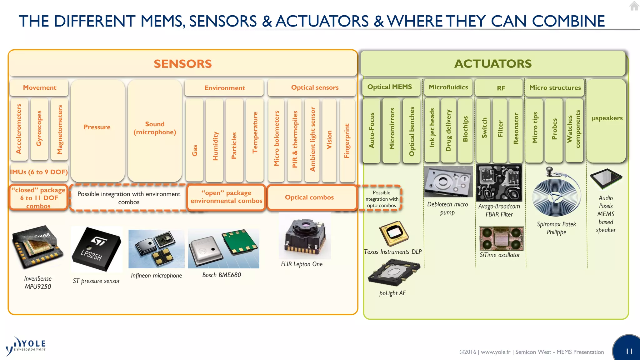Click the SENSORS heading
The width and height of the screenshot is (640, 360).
pos(183,64)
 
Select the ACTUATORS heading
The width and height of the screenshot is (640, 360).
pos(493,64)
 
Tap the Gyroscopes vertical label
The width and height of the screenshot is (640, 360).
pos(39,128)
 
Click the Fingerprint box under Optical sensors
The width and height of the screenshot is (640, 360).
pos(347,141)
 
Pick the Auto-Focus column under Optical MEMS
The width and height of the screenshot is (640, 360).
pos(372,130)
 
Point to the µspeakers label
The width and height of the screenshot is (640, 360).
pos(607,118)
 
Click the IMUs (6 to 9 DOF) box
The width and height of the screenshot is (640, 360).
pos(39,172)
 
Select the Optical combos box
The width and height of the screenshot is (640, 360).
pos(309,197)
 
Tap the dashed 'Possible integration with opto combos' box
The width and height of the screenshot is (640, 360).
pos(381,199)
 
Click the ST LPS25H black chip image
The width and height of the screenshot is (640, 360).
pos(97,249)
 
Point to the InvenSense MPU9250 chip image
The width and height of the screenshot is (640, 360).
pos(37,247)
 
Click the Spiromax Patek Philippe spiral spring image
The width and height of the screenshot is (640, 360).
pos(556,194)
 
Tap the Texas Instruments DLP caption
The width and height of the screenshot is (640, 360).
pos(393,252)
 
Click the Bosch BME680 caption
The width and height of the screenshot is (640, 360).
pos(222,275)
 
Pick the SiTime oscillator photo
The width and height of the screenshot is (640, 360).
pos(501,238)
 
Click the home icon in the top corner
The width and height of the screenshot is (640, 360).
pos(634,6)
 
